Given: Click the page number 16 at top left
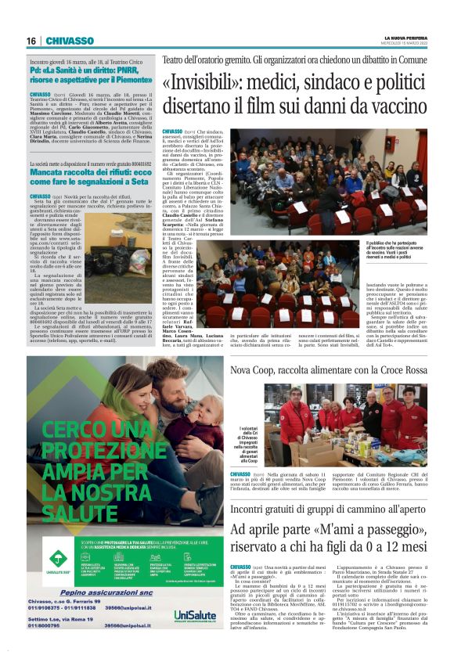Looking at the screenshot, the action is (31, 41).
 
